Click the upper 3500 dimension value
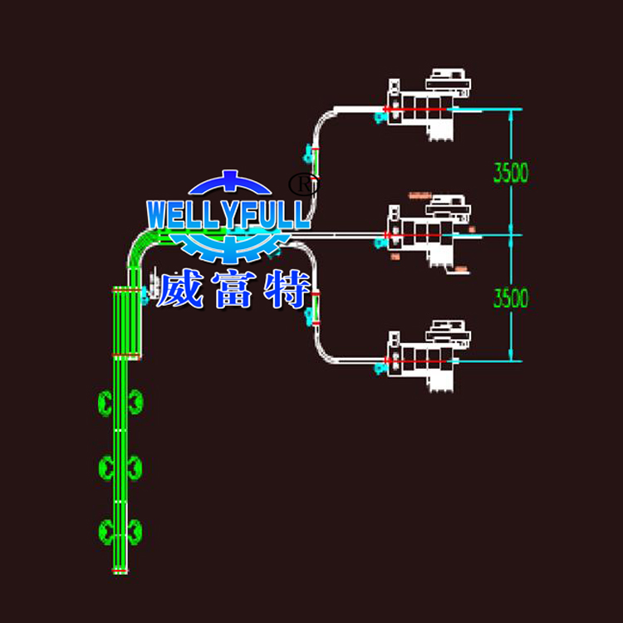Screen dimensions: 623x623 coord(510,173)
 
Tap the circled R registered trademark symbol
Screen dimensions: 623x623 coord(303,184)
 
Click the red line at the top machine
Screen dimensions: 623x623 coord(415,110)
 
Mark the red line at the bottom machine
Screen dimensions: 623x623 coord(415,361)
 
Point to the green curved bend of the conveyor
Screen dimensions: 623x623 coord(141,245)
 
